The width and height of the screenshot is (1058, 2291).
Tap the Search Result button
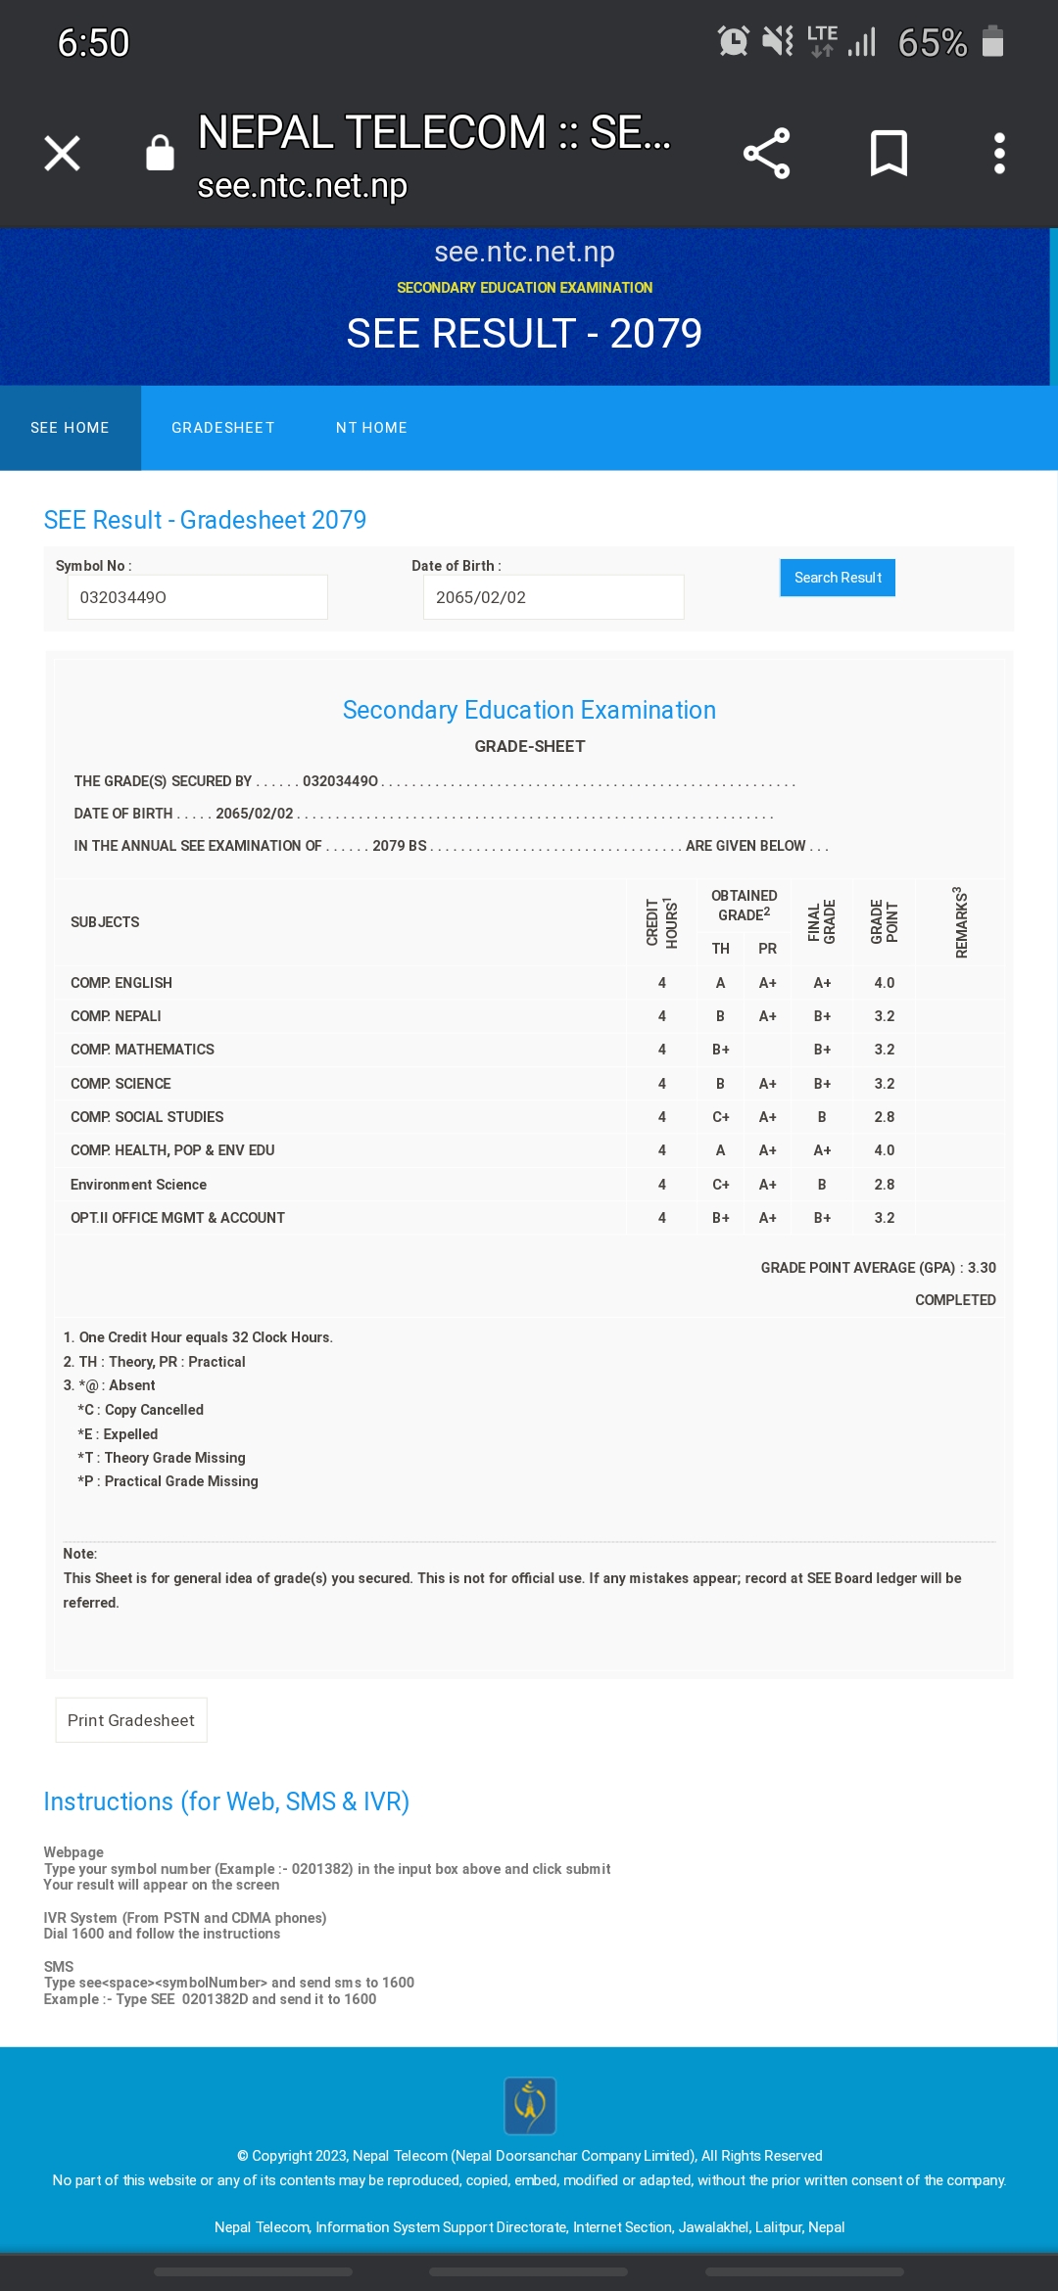coord(838,578)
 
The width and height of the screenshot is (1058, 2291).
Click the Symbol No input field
coord(197,597)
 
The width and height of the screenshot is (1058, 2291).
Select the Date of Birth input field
coord(553,597)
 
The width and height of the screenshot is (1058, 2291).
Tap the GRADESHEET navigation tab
coord(223,428)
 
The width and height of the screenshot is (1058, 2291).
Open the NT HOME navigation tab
coord(371,428)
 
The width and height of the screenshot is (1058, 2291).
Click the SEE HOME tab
coord(70,428)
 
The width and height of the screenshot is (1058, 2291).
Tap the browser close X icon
coord(63,154)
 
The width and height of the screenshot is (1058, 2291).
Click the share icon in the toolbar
coord(766,154)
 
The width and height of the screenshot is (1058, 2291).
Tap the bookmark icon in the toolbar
coord(889,154)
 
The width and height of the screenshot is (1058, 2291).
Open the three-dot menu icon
coord(999,154)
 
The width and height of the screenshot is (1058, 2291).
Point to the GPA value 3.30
coord(982,1268)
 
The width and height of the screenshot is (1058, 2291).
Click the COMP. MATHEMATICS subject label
coord(142,1050)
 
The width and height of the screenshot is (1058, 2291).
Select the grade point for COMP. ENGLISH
coord(884,983)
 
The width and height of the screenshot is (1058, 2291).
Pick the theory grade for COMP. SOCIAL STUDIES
coord(720,1117)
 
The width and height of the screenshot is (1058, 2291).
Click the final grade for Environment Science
coord(822,1185)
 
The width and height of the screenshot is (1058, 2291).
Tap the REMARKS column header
coord(961,922)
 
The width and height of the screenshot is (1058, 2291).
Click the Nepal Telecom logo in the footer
coord(530,2105)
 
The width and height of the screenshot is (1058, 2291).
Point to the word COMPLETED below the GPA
coord(955,1300)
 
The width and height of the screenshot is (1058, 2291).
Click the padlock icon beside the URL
coord(160,154)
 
